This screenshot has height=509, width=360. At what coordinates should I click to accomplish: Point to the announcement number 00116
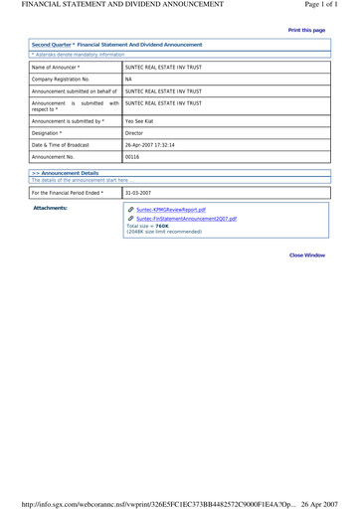[132, 156]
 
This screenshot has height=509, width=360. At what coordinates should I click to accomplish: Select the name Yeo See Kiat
[141, 120]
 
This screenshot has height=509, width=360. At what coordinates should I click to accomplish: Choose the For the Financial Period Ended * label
[68, 192]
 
